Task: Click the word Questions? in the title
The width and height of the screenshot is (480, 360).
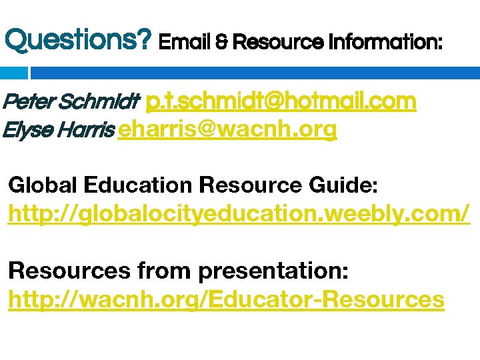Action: (78, 41)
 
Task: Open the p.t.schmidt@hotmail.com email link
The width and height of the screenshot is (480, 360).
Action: (281, 101)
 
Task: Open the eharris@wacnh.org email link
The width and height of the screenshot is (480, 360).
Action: (227, 130)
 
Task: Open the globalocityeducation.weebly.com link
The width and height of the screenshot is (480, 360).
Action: (239, 215)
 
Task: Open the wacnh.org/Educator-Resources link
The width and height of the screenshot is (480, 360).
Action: (226, 300)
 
